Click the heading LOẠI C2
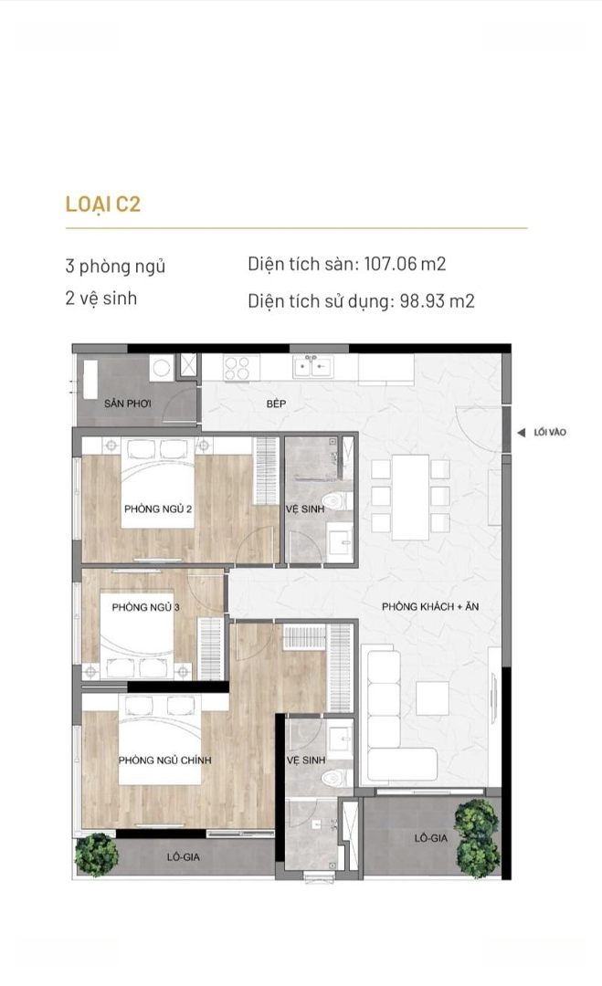(x=103, y=205)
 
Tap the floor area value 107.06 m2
(x=405, y=264)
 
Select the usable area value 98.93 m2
(x=438, y=300)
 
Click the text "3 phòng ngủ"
(x=115, y=266)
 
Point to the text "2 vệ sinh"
(x=101, y=298)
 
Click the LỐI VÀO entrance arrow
(x=521, y=433)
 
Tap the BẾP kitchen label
(x=276, y=404)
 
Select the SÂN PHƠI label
(x=127, y=404)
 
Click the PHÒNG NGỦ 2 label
(x=158, y=509)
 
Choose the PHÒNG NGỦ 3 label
(x=145, y=607)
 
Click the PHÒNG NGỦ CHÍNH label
(x=164, y=760)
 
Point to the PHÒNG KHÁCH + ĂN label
(x=430, y=607)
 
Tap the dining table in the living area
(x=410, y=498)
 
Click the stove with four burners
(x=238, y=368)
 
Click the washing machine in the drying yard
(x=162, y=368)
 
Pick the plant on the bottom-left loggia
(x=97, y=855)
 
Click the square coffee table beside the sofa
(x=433, y=699)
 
